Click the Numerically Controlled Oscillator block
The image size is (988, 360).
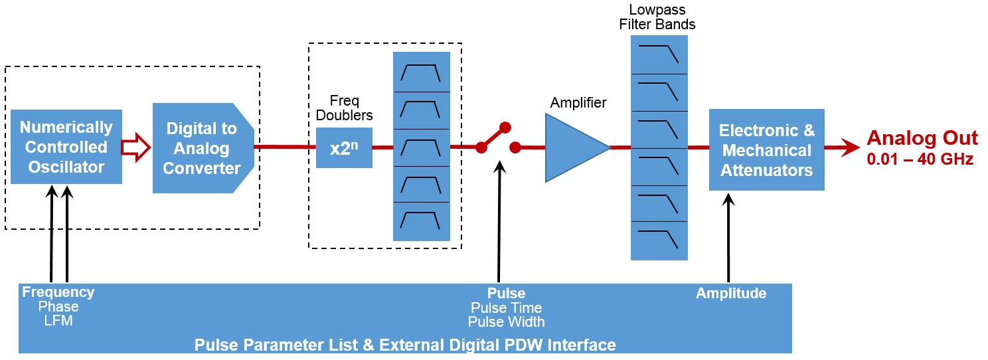click(x=66, y=147)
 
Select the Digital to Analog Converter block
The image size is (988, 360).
click(x=202, y=148)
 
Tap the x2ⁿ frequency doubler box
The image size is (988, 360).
click(x=343, y=148)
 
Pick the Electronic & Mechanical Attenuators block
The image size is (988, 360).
click(x=766, y=149)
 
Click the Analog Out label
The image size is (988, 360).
click(x=922, y=138)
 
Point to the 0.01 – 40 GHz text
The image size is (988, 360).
click(x=920, y=159)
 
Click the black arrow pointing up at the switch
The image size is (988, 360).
click(x=499, y=219)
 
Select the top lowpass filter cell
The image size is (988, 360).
click(x=659, y=54)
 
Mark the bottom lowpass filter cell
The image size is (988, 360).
click(x=659, y=240)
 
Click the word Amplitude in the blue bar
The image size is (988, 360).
click(x=730, y=294)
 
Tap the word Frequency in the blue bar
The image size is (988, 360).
click(x=58, y=292)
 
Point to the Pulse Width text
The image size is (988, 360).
click(x=506, y=322)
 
